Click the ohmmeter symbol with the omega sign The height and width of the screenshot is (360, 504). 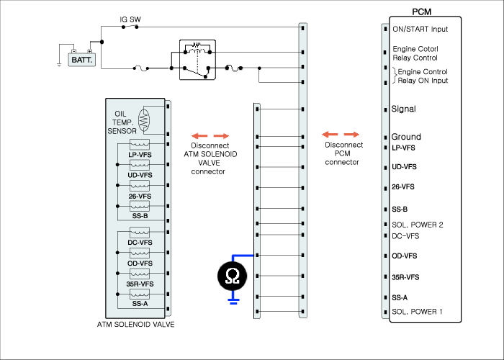(233, 276)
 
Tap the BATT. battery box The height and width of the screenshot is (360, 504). (82, 60)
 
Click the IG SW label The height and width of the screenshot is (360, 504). (130, 19)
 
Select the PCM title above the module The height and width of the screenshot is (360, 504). (421, 12)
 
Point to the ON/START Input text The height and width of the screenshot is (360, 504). (420, 30)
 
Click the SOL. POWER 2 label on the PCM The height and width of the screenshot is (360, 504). (417, 225)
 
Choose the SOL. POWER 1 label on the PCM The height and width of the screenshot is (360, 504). (417, 312)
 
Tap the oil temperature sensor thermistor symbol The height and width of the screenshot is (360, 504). (144, 120)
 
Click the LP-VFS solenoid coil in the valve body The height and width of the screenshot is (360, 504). (140, 144)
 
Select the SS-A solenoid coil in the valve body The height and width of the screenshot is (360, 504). (140, 294)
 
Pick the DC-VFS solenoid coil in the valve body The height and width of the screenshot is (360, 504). (140, 232)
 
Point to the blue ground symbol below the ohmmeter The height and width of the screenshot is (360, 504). (233, 301)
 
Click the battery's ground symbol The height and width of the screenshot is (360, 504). (59, 65)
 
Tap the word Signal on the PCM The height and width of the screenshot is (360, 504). (403, 109)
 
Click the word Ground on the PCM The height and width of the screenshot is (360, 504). (406, 137)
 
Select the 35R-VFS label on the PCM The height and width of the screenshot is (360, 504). (405, 277)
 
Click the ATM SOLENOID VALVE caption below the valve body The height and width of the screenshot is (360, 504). (135, 324)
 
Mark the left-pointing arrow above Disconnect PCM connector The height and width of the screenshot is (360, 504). (330, 135)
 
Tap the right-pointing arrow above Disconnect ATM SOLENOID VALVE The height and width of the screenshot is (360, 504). (222, 136)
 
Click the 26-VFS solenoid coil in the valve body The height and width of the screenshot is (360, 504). (140, 186)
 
